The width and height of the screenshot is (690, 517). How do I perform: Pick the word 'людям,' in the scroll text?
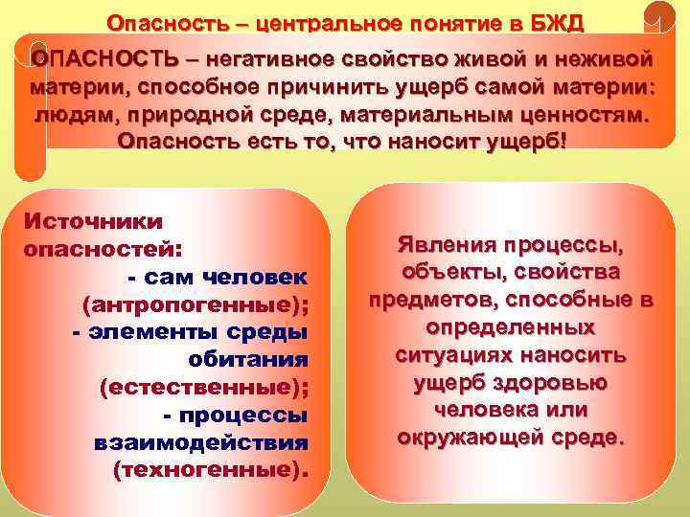[78, 114]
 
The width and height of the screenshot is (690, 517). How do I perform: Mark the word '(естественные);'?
[204, 388]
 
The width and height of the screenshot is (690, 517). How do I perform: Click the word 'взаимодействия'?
[201, 443]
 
